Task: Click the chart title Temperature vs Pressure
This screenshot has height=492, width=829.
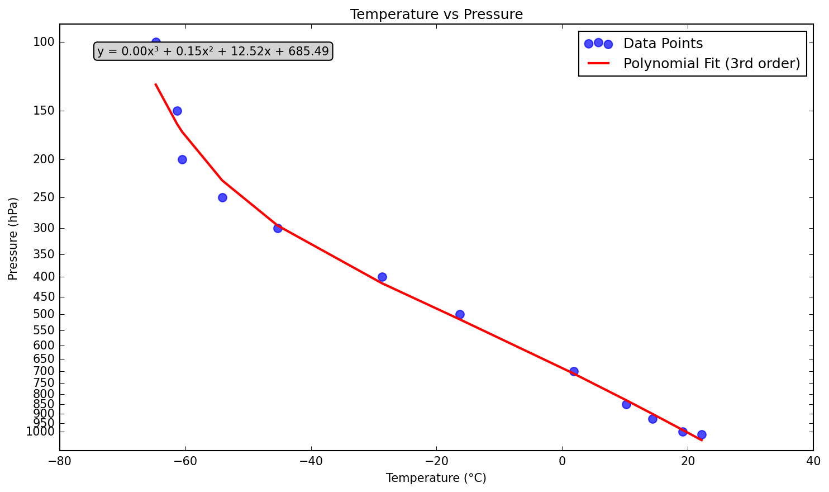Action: coord(436,15)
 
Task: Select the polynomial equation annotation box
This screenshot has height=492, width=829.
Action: coord(213,51)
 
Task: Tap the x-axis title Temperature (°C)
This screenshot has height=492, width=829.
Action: coord(436,478)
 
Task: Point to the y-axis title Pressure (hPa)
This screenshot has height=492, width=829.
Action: coord(13,238)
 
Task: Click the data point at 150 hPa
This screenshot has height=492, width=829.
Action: coord(177,111)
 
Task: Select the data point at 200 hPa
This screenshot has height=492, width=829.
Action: coord(182,159)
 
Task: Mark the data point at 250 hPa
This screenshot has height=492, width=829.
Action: coord(222,197)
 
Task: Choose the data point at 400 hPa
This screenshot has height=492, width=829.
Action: coord(382,277)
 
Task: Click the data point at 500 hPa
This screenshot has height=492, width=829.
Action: coord(460,314)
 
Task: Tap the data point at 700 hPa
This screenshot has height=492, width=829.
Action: coord(574,371)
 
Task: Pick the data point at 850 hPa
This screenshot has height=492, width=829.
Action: coord(626,404)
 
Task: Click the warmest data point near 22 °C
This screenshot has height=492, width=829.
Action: coord(702,434)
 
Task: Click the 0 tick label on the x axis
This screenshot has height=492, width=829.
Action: coord(562,461)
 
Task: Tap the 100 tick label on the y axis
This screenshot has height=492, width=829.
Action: coord(44,42)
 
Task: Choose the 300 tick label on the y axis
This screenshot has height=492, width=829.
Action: coord(44,228)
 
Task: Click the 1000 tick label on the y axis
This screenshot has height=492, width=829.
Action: coord(40,432)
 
